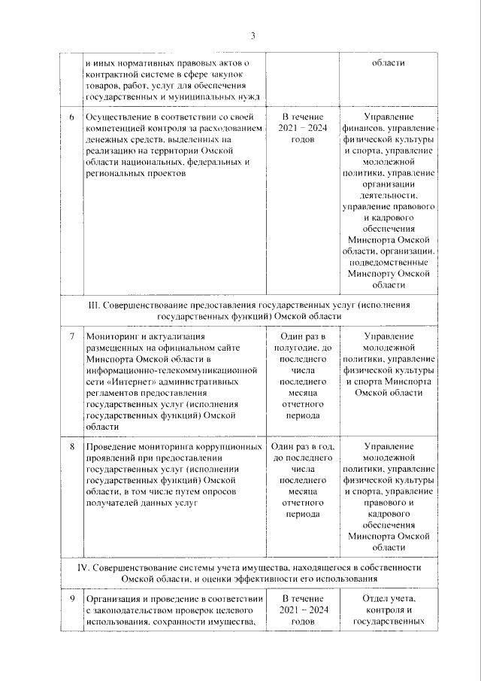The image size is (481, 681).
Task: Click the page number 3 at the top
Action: pos(253,35)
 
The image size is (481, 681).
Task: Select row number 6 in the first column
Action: pos(72,118)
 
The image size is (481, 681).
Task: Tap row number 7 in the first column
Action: pos(72,336)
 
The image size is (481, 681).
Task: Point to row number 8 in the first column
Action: pos(72,447)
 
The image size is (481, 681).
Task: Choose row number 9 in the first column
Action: pos(72,599)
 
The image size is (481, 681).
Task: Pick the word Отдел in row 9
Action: pos(368,599)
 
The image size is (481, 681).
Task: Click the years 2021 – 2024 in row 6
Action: pos(301,129)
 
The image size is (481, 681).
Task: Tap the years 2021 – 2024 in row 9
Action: pos(301,610)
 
